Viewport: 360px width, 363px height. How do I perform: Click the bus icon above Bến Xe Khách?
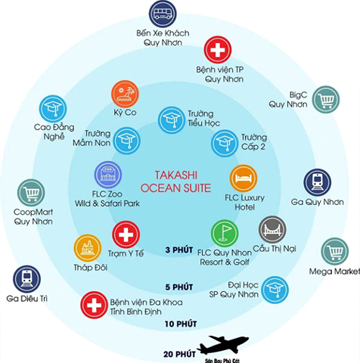click(x=163, y=14)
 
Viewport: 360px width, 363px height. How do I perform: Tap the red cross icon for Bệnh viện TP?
click(x=218, y=50)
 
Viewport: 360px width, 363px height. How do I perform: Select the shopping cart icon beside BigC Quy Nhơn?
click(x=326, y=99)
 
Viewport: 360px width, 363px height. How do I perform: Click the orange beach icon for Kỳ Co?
click(x=125, y=94)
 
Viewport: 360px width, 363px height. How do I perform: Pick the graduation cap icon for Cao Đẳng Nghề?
click(x=53, y=109)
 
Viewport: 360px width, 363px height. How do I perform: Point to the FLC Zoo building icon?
click(x=108, y=175)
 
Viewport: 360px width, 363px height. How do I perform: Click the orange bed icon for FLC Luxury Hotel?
click(x=244, y=178)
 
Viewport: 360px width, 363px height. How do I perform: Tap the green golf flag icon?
click(x=225, y=234)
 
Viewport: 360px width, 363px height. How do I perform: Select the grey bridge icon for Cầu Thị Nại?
click(x=272, y=229)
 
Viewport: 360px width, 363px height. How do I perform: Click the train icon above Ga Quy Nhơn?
click(x=317, y=182)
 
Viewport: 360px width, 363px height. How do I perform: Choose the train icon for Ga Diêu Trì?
click(x=26, y=279)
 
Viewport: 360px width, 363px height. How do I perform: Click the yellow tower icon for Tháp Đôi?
click(x=88, y=248)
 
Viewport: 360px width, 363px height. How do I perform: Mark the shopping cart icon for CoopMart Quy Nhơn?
click(x=31, y=193)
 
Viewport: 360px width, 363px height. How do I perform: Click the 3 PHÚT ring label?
click(x=179, y=250)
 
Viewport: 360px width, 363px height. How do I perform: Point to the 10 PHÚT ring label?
click(x=181, y=324)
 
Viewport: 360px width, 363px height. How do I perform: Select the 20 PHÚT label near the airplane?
click(x=179, y=354)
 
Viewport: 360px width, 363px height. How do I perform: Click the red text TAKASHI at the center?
click(x=176, y=175)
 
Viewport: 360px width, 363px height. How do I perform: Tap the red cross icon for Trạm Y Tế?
click(x=126, y=234)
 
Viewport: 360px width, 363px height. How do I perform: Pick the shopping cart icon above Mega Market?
click(x=335, y=251)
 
